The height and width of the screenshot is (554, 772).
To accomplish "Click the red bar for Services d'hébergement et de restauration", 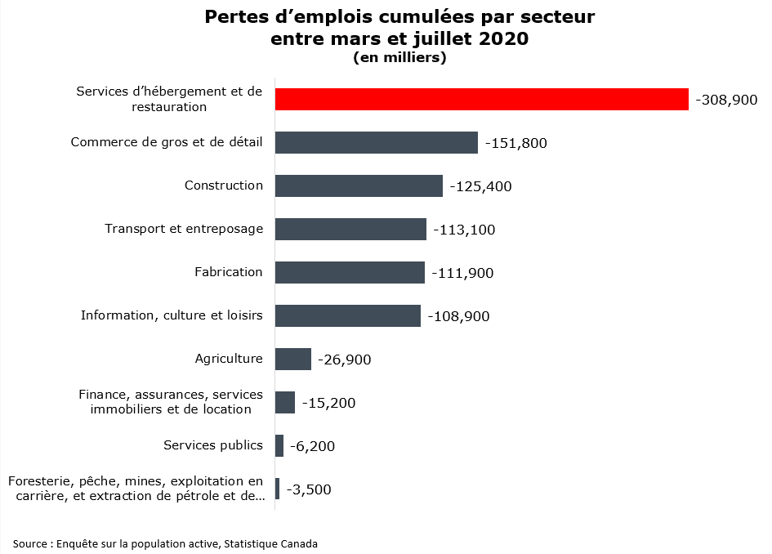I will [482, 99].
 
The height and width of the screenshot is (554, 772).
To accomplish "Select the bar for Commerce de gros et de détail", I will [376, 142].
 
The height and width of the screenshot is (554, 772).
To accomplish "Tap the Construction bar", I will [359, 185].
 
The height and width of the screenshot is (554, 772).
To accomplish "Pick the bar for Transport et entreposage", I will [350, 229].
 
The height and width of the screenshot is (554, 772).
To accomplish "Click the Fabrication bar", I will [350, 272].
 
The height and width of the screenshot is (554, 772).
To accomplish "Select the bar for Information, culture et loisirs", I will [347, 315].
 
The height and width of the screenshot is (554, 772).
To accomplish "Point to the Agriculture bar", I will [292, 359].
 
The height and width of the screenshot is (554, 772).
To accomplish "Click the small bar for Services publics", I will [279, 445].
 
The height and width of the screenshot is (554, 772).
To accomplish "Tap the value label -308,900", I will [726, 100].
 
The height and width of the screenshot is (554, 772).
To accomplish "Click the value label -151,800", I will [515, 143].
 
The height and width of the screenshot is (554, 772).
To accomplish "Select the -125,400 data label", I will [480, 186].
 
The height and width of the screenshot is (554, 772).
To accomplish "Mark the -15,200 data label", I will [328, 403].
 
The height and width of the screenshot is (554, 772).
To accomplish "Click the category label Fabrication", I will [228, 272].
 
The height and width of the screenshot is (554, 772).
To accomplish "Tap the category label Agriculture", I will [228, 359].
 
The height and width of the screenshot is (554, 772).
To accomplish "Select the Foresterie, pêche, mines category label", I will [136, 488].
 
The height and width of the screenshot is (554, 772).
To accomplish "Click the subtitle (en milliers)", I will [399, 57].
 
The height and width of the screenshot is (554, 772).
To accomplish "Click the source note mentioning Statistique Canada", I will [165, 543].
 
